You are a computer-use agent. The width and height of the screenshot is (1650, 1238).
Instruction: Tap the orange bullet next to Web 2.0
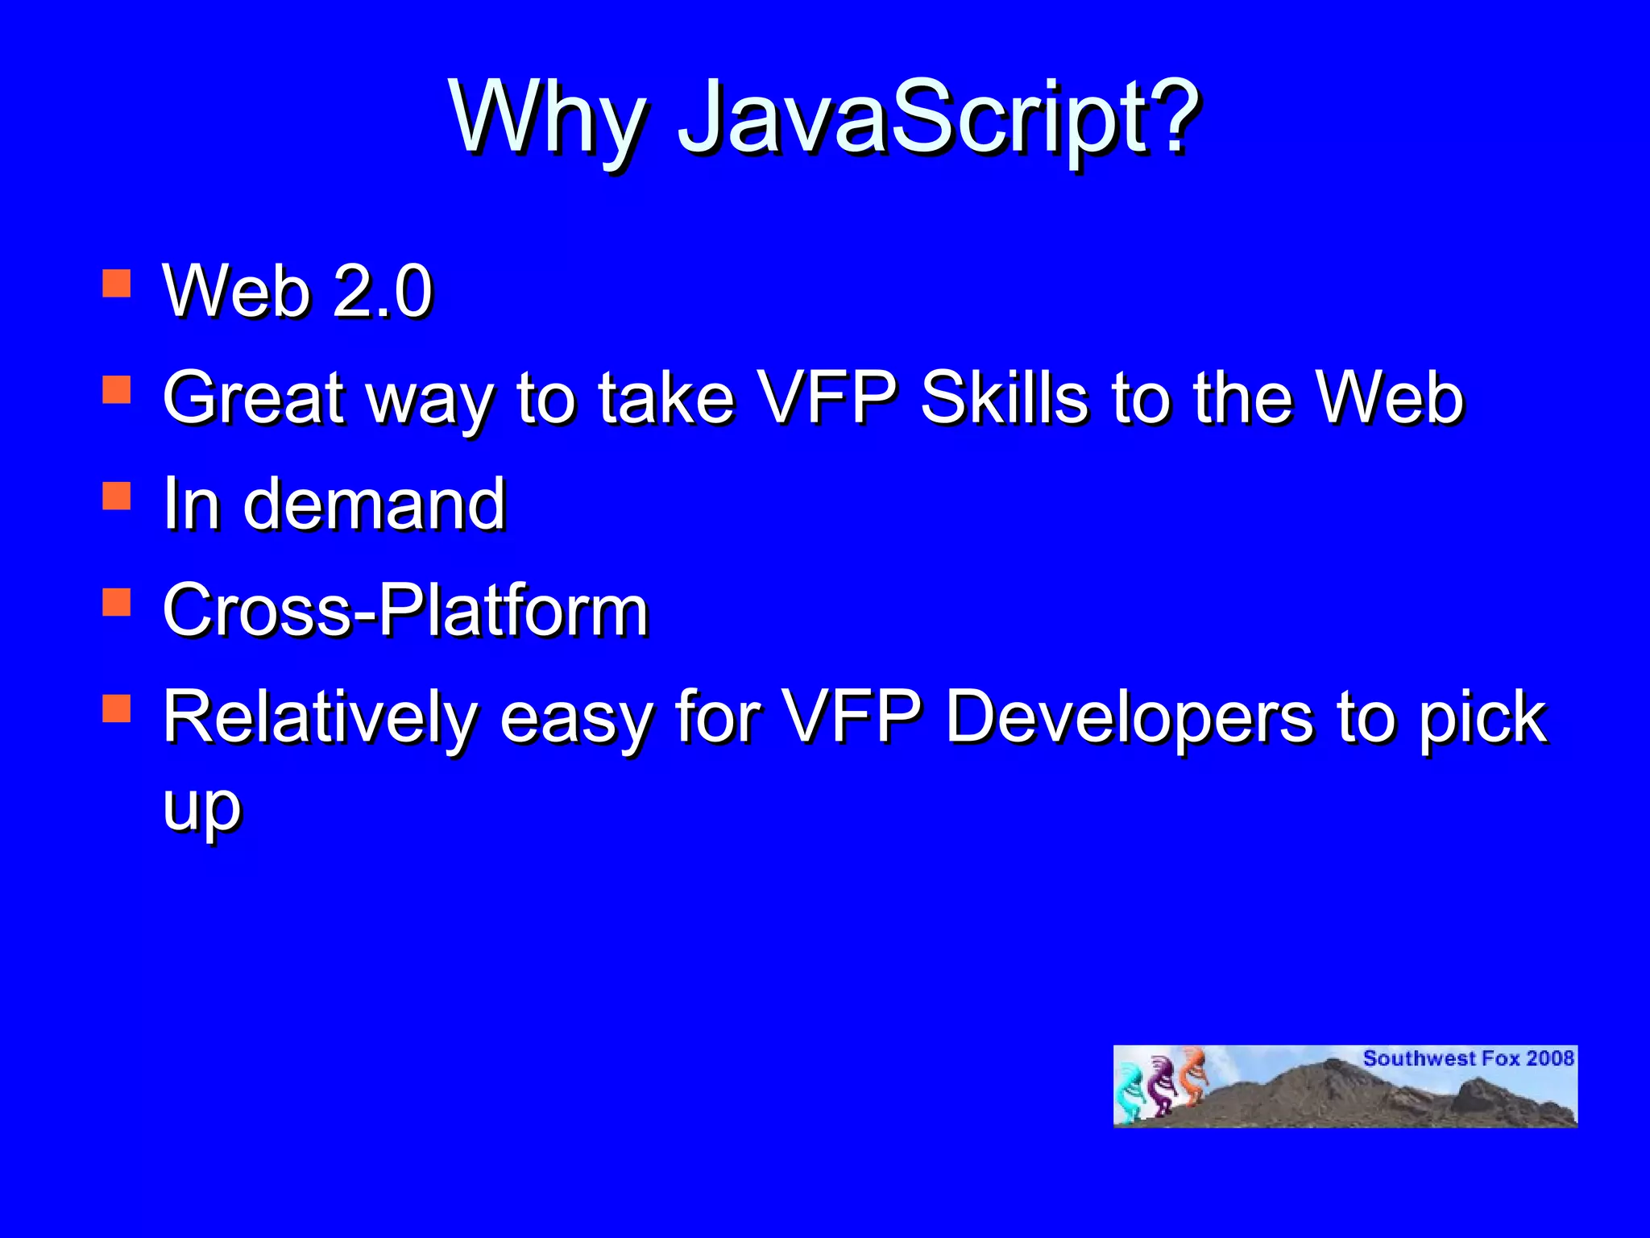tap(117, 284)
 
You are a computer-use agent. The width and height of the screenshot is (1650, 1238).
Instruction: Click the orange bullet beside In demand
tap(117, 496)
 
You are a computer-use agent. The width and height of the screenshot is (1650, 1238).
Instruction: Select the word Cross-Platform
tap(405, 610)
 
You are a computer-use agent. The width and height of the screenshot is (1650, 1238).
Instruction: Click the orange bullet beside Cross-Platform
tap(117, 602)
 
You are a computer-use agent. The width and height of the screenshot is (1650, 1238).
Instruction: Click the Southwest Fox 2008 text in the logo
tap(1468, 1058)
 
